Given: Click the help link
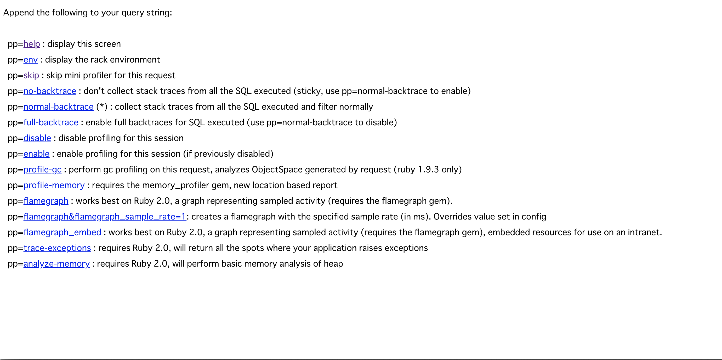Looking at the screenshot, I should click(32, 44).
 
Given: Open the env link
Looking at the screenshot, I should click(31, 60).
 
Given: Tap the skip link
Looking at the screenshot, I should click(31, 75).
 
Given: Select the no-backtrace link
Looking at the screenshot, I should click(50, 91).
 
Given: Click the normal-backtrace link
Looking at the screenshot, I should click(58, 107).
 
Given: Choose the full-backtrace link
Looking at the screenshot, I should click(51, 122).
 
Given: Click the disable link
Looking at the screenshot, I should click(37, 138).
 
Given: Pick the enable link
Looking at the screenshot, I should click(36, 154).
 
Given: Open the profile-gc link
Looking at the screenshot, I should click(42, 170).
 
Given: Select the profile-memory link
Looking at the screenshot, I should click(54, 185).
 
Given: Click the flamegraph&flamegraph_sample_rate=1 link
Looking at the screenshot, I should click(105, 217).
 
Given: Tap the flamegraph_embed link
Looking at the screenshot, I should click(62, 232).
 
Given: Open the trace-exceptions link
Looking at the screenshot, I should click(57, 248).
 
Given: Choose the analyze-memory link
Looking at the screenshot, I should click(56, 264).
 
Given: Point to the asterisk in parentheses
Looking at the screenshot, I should click(102, 106).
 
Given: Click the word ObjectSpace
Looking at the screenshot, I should click(277, 170).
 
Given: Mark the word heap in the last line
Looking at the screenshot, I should click(333, 264).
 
